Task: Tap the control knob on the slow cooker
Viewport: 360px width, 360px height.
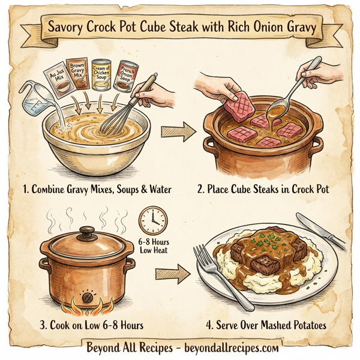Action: click(88, 297)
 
